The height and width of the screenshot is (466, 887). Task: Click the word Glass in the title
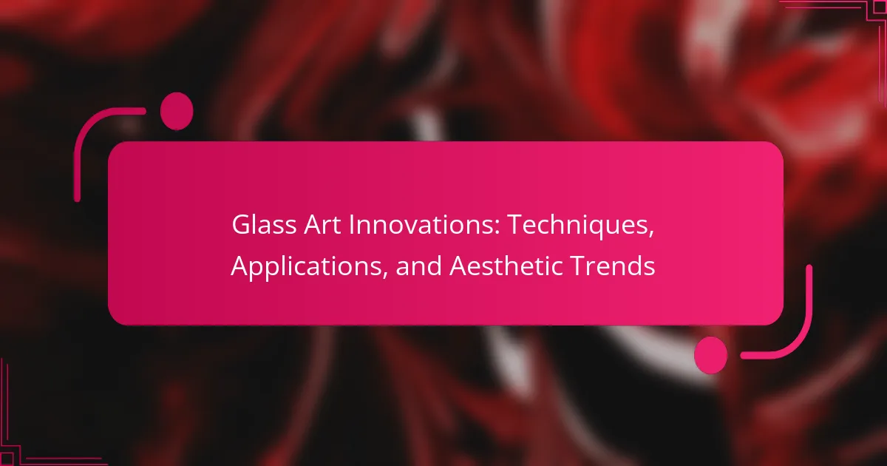(264, 225)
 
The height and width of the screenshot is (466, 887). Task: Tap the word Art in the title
(322, 225)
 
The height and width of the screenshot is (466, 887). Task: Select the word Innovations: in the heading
(424, 225)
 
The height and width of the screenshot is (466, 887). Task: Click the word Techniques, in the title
(580, 226)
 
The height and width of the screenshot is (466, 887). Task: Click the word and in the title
(419, 266)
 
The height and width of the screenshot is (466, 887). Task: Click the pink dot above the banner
(177, 111)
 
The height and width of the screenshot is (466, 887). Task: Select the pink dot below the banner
(711, 355)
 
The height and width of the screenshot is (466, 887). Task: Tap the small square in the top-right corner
(880, 7)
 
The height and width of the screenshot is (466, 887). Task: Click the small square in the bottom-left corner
(7, 459)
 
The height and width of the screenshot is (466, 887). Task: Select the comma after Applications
(384, 274)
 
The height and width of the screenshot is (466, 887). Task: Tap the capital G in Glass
(241, 225)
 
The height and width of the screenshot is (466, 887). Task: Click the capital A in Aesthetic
(459, 266)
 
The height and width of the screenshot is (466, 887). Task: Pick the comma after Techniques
(650, 232)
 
